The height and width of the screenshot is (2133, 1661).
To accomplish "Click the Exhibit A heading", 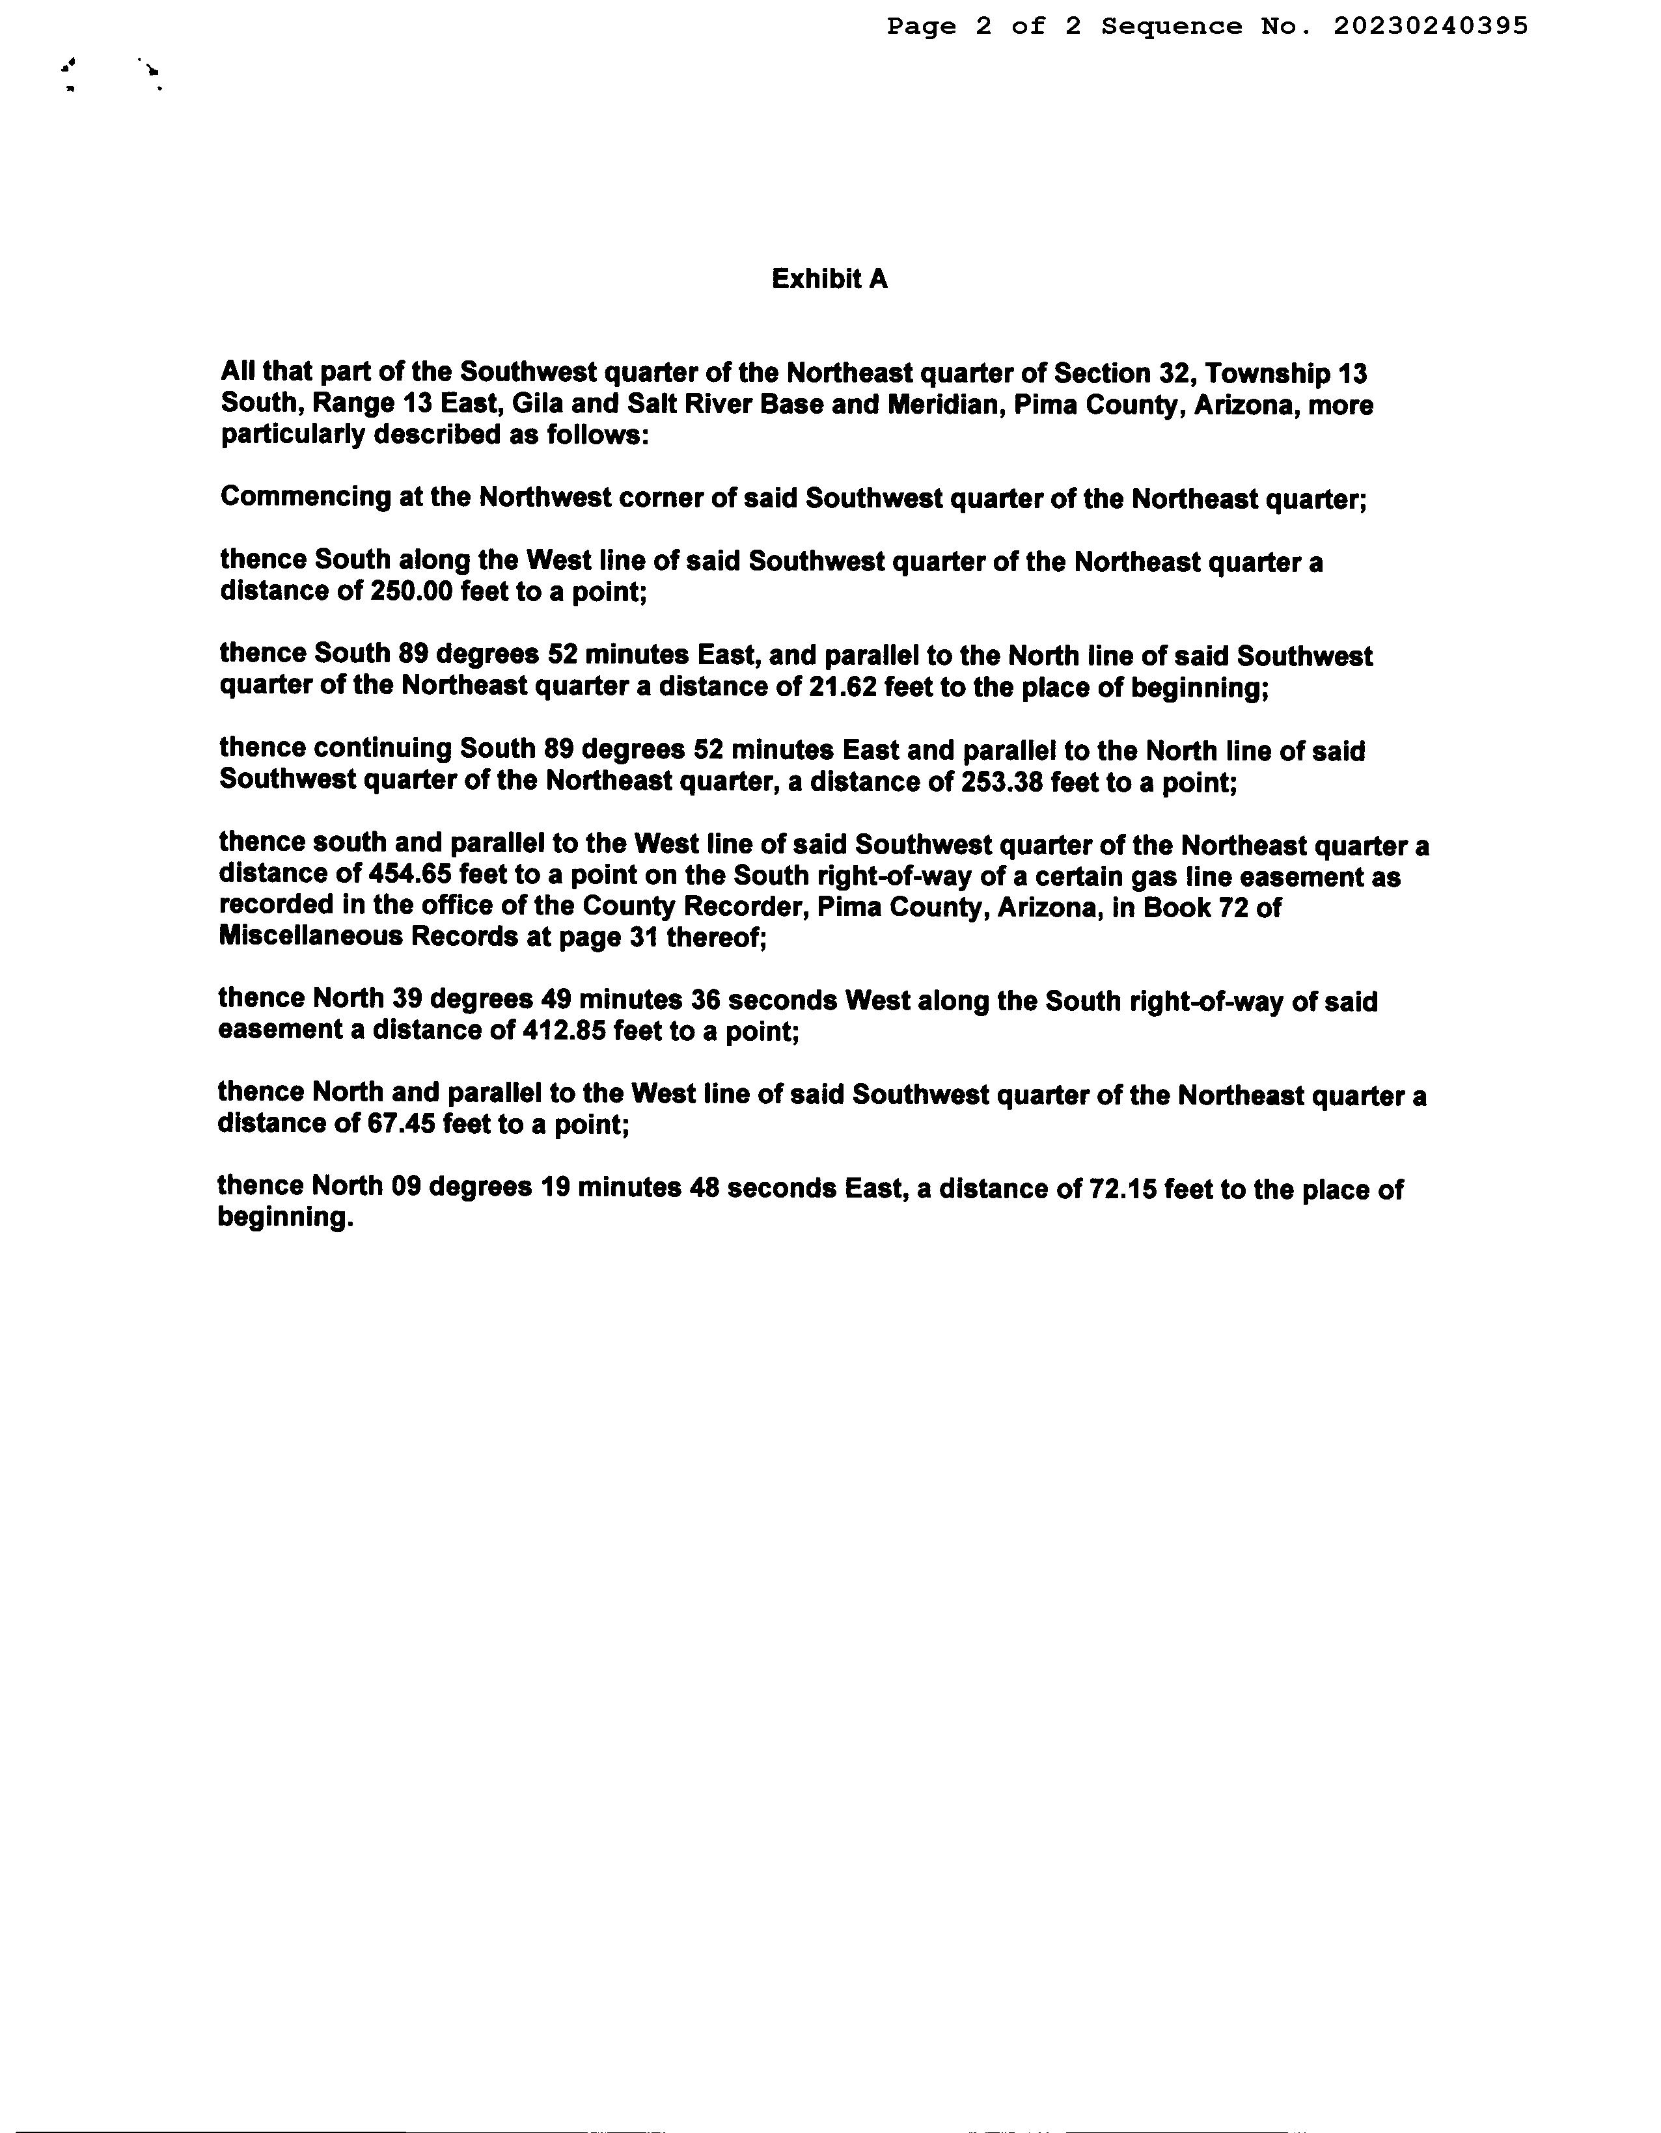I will point(829,279).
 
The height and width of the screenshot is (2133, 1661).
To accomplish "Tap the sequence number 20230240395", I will point(1429,27).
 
